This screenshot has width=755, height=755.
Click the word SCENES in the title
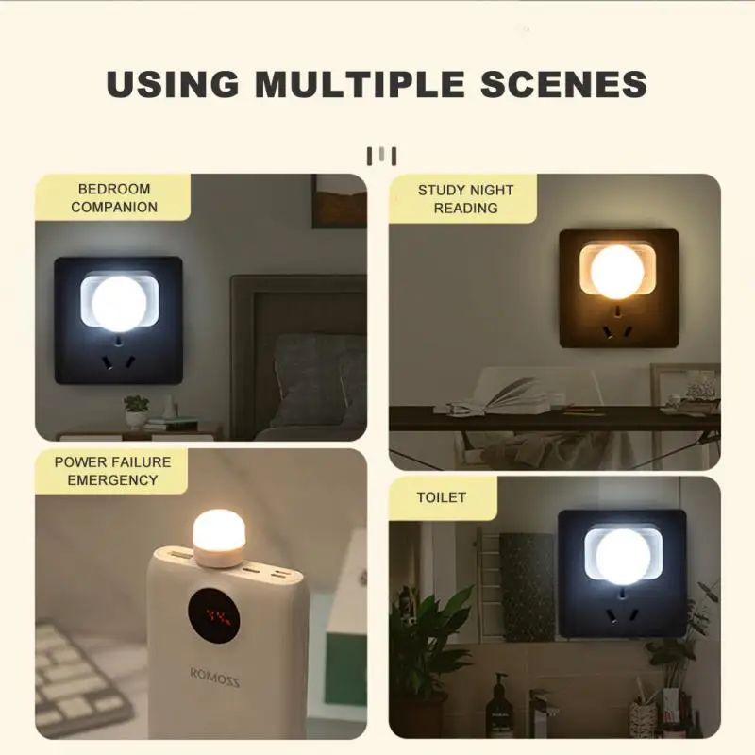[x=564, y=83]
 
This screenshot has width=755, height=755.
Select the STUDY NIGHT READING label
[x=465, y=198]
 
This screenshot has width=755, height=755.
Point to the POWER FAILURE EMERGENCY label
[x=112, y=470]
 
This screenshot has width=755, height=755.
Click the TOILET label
[x=442, y=496]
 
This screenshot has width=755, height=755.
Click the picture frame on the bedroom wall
[x=339, y=200]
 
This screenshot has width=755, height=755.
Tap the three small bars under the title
[x=381, y=155]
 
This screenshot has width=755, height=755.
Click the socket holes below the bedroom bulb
[x=118, y=360]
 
